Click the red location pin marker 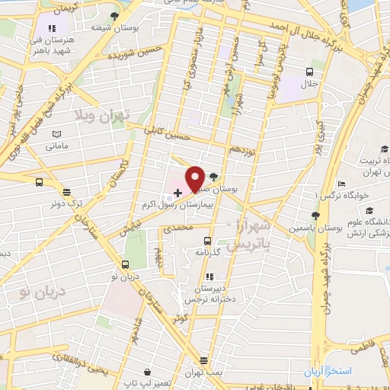click(x=196, y=178)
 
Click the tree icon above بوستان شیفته click(x=114, y=15)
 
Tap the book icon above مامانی click(x=56, y=134)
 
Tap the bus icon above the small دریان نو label click(x=124, y=264)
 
